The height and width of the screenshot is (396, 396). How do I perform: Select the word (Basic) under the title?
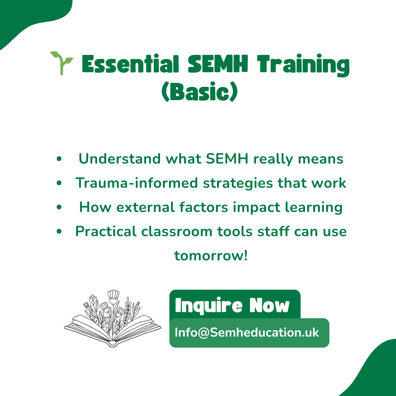[x=199, y=93]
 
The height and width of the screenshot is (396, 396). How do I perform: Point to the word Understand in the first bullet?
[x=120, y=159]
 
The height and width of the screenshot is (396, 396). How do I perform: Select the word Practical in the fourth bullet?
[x=106, y=232]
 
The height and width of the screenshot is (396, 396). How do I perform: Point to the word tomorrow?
[x=211, y=256]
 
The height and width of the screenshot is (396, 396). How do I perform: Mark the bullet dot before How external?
[x=59, y=208]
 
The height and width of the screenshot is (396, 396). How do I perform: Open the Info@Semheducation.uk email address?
[x=247, y=333]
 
